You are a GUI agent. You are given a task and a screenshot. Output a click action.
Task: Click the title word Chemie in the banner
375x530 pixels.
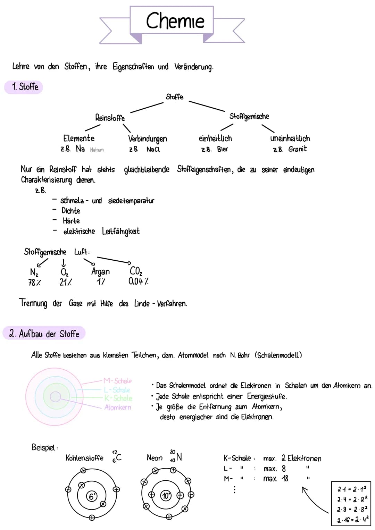175,21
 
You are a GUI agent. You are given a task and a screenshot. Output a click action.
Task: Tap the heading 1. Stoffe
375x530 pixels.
24,87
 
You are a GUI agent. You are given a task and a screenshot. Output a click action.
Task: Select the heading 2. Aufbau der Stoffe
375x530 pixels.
44,334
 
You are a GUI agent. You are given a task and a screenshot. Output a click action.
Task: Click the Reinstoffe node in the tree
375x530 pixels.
110,118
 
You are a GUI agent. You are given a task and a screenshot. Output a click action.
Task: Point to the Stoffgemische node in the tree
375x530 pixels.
249,117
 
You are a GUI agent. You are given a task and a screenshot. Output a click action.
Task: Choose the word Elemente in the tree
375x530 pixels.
79,138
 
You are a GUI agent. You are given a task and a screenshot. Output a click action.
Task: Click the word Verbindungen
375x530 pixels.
148,139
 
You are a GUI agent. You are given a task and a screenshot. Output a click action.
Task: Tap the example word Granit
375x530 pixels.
298,149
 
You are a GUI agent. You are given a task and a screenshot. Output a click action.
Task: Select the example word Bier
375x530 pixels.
223,149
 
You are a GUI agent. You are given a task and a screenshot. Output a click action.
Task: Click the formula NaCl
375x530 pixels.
153,149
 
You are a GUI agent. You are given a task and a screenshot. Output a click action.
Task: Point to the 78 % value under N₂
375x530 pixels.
34,283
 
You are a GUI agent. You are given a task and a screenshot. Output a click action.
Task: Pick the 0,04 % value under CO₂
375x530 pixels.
138,281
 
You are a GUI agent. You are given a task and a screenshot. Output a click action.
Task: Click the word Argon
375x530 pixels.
100,271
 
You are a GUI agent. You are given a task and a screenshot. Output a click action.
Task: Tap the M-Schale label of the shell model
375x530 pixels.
118,381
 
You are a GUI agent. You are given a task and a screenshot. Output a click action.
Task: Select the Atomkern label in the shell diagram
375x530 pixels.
118,407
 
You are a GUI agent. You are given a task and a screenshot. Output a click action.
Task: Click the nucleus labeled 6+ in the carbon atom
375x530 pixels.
92,496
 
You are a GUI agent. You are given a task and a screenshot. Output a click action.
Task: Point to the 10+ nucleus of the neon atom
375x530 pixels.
166,496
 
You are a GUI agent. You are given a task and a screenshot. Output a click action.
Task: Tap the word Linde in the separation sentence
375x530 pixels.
142,303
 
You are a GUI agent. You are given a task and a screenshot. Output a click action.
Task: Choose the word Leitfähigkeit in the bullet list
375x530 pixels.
121,231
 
